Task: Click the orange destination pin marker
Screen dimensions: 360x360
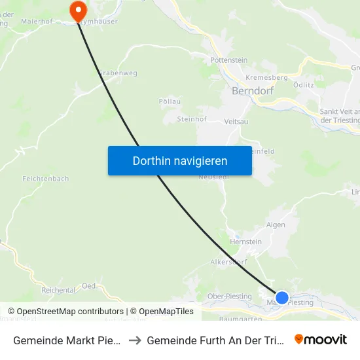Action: [78, 10]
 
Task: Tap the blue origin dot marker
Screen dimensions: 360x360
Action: [282, 298]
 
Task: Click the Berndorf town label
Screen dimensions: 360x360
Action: [253, 91]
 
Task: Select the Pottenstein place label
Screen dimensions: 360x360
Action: [228, 60]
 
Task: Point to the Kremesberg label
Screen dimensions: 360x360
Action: [266, 77]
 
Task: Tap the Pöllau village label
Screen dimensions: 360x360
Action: [170, 101]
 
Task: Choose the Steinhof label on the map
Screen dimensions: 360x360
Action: [192, 119]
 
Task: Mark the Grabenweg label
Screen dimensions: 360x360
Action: [118, 73]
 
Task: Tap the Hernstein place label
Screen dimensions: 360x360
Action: [246, 242]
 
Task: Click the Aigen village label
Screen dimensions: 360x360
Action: [276, 224]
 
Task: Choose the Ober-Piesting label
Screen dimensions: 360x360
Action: [229, 297]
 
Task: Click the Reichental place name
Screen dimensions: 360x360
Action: [58, 289]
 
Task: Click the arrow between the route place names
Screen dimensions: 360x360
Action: [134, 340]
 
